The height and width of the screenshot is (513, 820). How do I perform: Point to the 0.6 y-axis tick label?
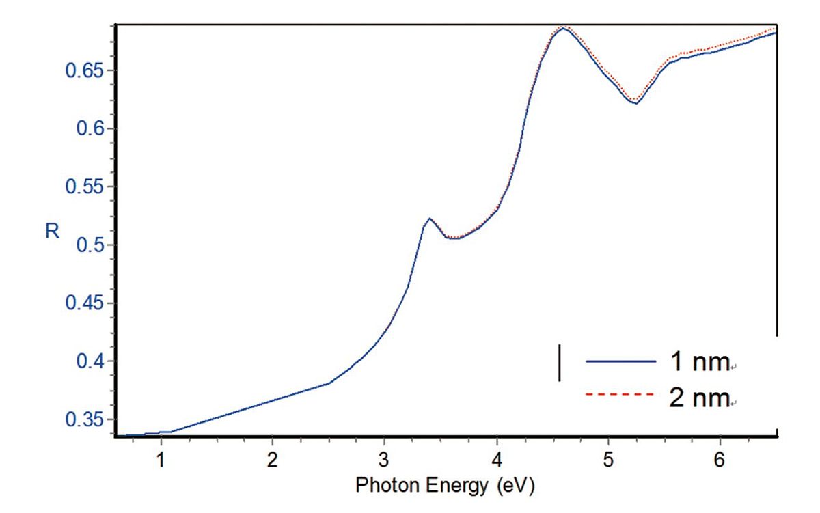(88, 129)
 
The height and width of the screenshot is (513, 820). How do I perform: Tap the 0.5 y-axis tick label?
(88, 245)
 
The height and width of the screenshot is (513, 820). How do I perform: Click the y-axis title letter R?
(52, 232)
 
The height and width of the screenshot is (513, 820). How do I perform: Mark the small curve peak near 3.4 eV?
(429, 219)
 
